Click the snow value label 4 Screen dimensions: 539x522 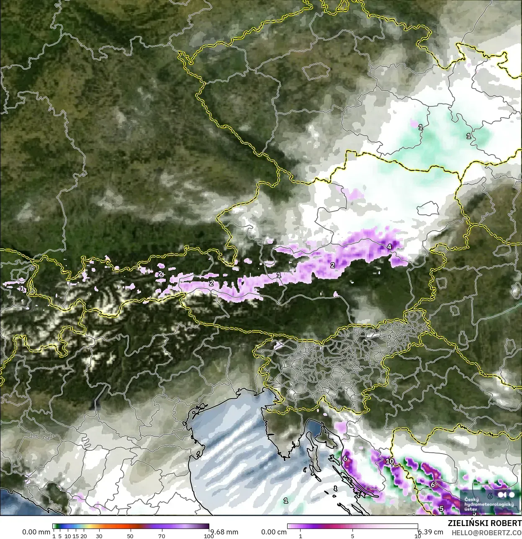389,247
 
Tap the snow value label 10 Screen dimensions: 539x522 390,461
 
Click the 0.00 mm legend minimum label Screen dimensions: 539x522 36,532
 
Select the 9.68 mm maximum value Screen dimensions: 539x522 224,532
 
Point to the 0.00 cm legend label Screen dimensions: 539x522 274,532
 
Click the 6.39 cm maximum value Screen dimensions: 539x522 431,532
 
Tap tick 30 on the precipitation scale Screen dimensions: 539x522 99,536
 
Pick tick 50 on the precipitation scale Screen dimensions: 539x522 130,536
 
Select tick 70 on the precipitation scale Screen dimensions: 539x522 162,536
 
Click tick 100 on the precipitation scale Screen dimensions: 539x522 208,536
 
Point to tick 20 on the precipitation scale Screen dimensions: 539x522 84,536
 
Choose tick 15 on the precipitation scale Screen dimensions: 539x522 76,536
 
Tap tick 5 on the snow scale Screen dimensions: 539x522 352,536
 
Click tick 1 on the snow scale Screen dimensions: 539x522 300,536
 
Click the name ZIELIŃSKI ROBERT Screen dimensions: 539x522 485,523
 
